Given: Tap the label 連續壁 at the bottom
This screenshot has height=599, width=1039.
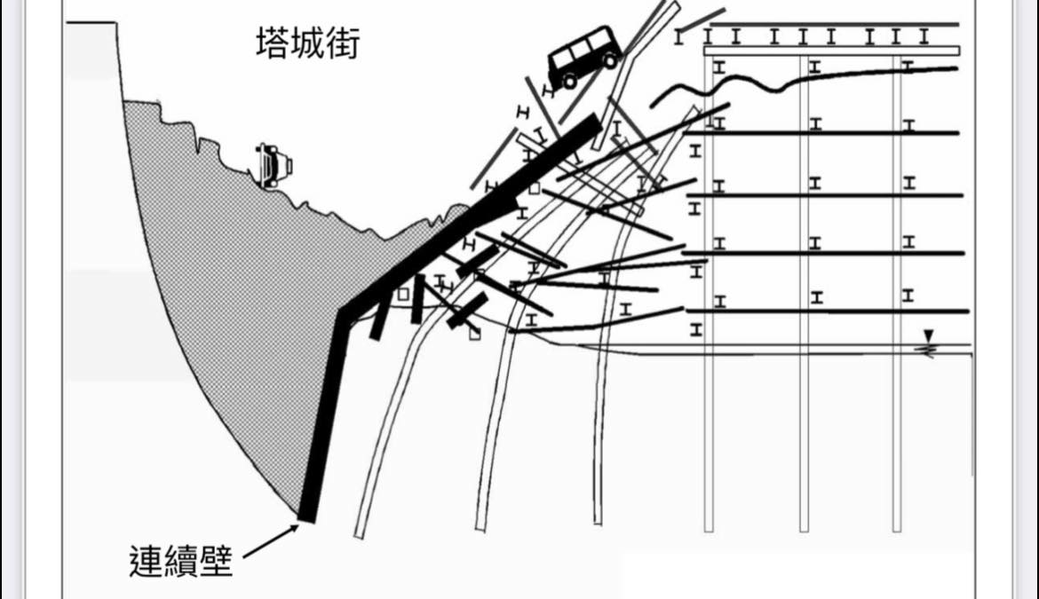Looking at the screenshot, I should click(180, 561).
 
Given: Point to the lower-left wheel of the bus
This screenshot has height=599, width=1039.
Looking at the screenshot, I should click(567, 81).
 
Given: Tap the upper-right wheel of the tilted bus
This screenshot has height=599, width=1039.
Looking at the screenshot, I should click(610, 59).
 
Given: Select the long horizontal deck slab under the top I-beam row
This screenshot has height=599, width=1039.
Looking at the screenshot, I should click(832, 51).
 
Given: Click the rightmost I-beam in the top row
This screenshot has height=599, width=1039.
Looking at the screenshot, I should click(924, 36).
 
